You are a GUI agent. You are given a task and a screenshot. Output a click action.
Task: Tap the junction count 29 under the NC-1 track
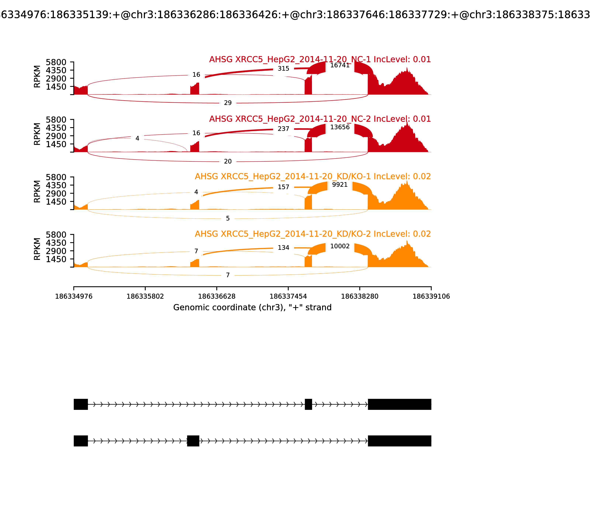[x=228, y=103]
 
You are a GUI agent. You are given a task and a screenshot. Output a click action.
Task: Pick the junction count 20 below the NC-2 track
[x=228, y=162]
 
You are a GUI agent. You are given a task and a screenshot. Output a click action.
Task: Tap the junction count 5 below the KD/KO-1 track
[x=228, y=219]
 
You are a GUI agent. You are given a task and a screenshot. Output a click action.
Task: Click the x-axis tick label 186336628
[x=217, y=297]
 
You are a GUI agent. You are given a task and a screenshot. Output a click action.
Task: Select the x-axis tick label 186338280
[x=360, y=297]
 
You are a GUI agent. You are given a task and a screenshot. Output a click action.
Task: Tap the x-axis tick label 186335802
[x=145, y=297]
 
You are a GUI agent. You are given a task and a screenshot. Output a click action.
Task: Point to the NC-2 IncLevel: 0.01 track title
[x=320, y=119]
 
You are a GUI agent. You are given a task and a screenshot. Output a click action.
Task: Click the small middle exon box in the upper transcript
[x=308, y=404]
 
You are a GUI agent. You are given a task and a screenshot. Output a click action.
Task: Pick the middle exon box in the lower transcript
[x=193, y=441]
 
